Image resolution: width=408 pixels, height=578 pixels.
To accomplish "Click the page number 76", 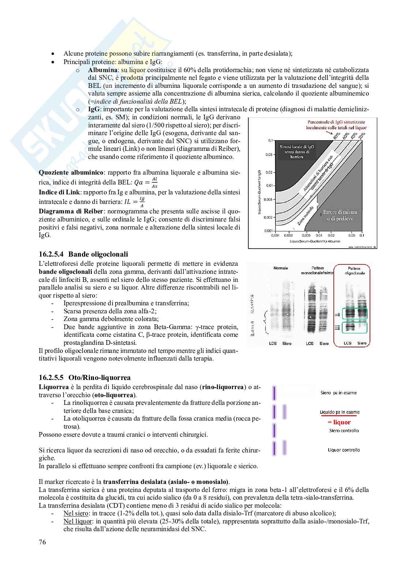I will point(42,552).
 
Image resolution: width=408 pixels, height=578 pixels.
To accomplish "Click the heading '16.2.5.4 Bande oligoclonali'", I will point(83,254).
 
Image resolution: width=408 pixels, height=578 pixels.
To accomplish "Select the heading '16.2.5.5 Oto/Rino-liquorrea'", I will point(84,377).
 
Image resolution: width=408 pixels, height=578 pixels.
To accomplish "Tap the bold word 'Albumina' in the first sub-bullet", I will point(103,70).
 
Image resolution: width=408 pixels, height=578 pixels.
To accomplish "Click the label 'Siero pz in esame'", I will point(338,393).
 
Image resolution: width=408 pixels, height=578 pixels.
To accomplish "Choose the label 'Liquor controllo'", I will point(344,450).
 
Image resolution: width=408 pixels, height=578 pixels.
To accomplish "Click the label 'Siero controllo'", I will point(344,430).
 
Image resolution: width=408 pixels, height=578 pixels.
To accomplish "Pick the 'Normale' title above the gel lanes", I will point(280,268).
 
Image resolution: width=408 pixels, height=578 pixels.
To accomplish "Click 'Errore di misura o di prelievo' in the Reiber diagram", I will point(340,215).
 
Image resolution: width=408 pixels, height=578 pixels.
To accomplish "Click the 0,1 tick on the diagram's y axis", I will point(271,140).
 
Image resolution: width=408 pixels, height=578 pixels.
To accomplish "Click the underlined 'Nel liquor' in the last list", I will point(78,521).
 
